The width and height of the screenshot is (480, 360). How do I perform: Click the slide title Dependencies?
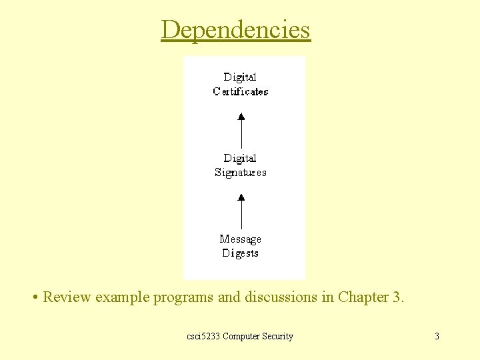tap(235, 30)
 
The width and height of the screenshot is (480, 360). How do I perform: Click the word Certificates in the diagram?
tap(240, 92)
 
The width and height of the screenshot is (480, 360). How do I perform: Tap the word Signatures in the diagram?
tap(240, 173)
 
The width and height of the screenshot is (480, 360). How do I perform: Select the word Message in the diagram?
tap(240, 239)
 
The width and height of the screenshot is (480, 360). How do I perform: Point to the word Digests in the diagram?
tap(240, 253)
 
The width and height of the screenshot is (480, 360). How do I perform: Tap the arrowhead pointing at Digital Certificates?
tap(241, 116)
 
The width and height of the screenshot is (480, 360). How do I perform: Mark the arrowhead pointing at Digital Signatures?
tap(241, 197)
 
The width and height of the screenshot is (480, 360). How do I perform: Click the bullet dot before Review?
tap(34, 297)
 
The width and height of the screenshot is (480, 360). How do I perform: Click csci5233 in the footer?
tap(203, 336)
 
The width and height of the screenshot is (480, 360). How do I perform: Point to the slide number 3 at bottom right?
tap(437, 336)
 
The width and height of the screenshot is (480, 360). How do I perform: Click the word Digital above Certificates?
tap(240, 77)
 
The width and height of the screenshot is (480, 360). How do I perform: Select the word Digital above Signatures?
tap(240, 158)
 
